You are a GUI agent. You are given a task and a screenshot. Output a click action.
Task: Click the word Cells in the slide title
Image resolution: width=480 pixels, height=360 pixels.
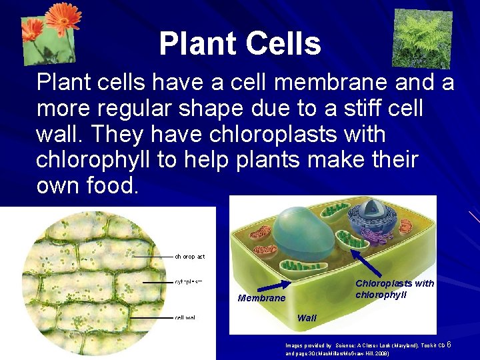(283, 44)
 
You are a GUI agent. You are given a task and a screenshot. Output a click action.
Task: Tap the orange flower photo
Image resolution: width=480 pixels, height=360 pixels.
(50, 29)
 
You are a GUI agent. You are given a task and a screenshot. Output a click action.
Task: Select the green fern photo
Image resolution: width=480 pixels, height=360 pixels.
(422, 38)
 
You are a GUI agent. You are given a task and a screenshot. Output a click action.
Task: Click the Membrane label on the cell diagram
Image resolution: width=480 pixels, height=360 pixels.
(261, 298)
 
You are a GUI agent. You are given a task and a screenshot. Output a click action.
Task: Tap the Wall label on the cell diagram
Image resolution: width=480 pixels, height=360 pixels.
(307, 318)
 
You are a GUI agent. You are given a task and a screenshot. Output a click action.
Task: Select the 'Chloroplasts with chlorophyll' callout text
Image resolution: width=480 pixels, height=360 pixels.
(394, 289)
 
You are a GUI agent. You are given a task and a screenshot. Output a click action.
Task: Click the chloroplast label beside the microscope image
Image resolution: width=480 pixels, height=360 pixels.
(190, 256)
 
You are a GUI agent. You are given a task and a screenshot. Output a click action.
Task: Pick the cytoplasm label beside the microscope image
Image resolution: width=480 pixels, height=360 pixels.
(189, 282)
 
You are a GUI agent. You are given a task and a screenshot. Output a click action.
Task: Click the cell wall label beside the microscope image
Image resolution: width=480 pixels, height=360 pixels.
(185, 318)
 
